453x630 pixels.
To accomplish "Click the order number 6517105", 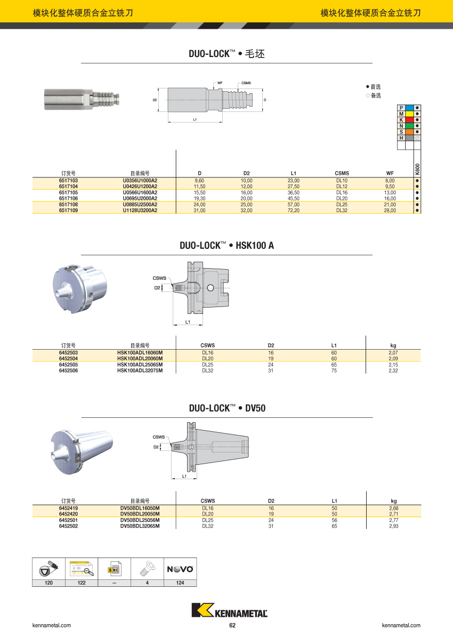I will click(x=68, y=192).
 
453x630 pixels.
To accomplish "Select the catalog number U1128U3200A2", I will click(x=140, y=211).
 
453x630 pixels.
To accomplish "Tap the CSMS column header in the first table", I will click(x=342, y=173).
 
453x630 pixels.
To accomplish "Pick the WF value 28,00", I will click(x=390, y=211).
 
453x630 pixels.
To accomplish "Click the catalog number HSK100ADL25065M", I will click(x=140, y=365).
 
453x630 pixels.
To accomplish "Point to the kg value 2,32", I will click(x=393, y=370).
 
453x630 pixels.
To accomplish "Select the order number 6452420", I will click(x=68, y=514).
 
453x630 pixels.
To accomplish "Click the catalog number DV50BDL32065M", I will click(x=140, y=526).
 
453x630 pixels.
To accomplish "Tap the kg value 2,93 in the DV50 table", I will click(x=394, y=526).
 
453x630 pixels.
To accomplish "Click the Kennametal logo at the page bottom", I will click(x=229, y=611).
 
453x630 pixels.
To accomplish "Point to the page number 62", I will click(x=232, y=625).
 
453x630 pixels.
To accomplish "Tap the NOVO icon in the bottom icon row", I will click(x=180, y=569).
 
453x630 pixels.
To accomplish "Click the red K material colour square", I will click(x=409, y=120).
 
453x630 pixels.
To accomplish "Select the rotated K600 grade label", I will click(x=417, y=169).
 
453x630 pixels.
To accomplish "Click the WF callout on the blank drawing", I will click(x=220, y=83).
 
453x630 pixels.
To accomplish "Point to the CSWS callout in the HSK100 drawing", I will click(x=159, y=278).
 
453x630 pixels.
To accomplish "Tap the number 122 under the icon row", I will click(x=82, y=583).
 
